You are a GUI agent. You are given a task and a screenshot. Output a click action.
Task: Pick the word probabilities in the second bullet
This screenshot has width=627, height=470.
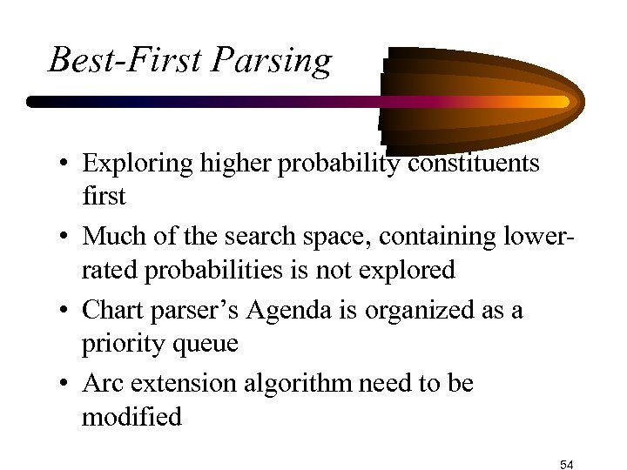point(201,270)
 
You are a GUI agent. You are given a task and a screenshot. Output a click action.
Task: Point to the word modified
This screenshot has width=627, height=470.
point(131,417)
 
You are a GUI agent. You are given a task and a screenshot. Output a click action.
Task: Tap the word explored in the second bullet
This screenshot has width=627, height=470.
point(408,270)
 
